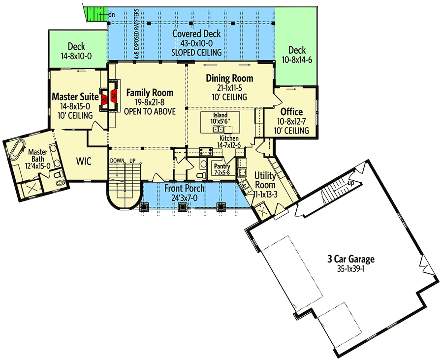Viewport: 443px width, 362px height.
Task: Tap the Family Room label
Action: pyautogui.click(x=150, y=93)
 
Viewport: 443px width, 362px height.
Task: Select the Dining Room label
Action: pyautogui.click(x=229, y=78)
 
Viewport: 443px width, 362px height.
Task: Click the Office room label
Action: pyautogui.click(x=291, y=112)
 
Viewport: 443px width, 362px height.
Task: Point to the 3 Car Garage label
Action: pyautogui.click(x=351, y=259)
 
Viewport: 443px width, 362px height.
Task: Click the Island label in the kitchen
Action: pyautogui.click(x=219, y=115)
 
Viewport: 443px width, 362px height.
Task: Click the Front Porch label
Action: pyautogui.click(x=185, y=189)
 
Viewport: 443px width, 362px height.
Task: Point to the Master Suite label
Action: pyautogui.click(x=75, y=97)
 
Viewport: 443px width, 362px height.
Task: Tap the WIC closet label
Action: pyautogui.click(x=85, y=161)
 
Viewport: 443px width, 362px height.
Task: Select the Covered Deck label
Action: pyautogui.click(x=196, y=34)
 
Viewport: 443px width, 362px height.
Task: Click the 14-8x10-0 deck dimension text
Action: pyautogui.click(x=76, y=56)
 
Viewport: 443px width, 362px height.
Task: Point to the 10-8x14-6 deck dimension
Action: pyautogui.click(x=297, y=60)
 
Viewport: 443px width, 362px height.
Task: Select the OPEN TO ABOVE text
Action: pyautogui.click(x=150, y=112)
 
